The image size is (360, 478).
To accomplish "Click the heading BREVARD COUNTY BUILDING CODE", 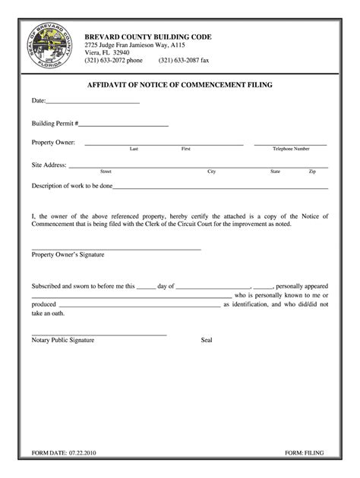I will click(148, 37).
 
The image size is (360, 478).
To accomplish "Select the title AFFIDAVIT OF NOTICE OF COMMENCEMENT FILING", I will click(180, 86).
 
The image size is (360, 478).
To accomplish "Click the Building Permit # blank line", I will click(123, 124).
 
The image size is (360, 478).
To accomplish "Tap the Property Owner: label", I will click(53, 142).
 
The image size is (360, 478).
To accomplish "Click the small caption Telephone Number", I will click(291, 149).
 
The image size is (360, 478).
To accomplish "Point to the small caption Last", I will click(134, 149).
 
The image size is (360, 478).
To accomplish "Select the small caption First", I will click(185, 149).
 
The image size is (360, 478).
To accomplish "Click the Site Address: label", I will click(49, 164).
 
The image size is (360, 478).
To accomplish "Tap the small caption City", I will click(212, 171).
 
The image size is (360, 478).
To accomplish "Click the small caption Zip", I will click(312, 171).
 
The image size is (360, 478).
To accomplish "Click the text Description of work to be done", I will click(72, 185).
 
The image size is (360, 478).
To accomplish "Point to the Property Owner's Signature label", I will click(68, 255).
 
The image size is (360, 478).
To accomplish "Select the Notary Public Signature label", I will click(63, 340).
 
